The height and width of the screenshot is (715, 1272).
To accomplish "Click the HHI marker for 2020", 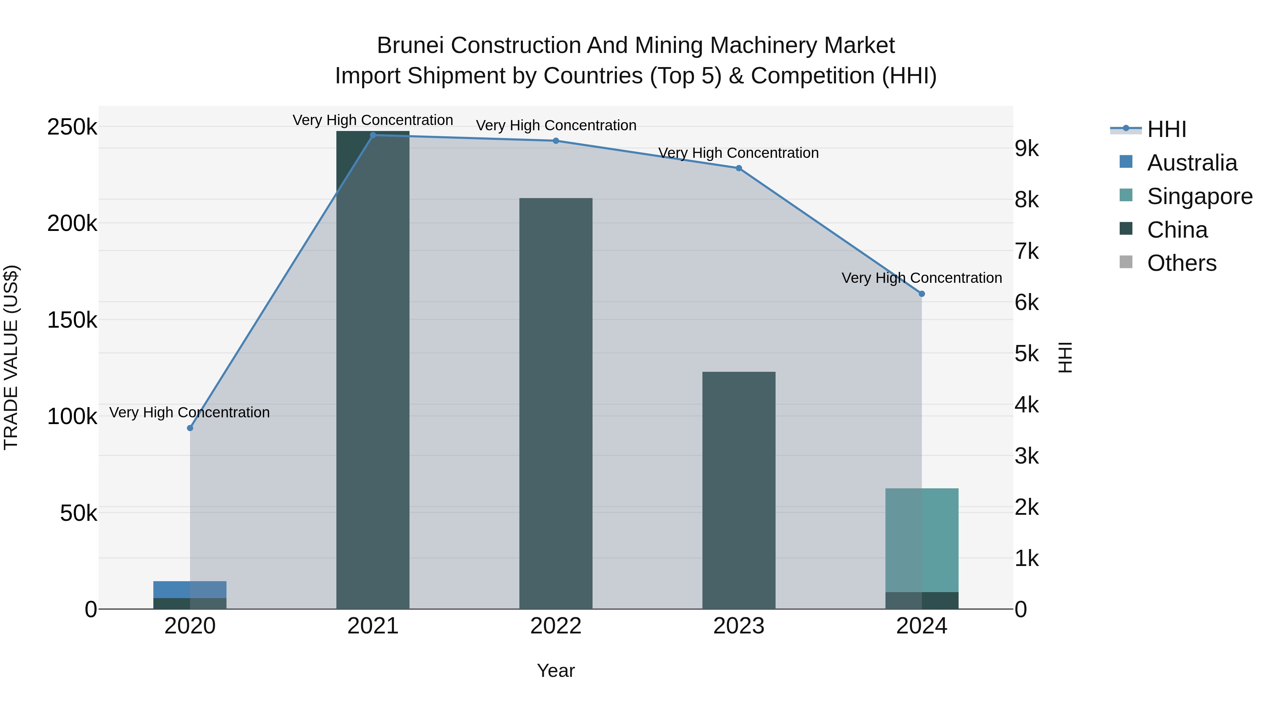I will click(190, 428).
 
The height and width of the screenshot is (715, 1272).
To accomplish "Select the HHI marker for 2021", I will click(373, 135).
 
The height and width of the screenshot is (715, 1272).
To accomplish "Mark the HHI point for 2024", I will click(921, 294).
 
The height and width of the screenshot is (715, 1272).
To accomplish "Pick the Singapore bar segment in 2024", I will click(921, 540).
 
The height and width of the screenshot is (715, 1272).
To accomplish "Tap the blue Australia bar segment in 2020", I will click(190, 589).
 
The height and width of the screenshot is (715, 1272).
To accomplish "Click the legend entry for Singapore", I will click(1200, 196).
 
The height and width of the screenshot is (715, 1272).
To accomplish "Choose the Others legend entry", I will click(1181, 263).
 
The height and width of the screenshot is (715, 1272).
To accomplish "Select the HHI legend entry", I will click(1166, 129).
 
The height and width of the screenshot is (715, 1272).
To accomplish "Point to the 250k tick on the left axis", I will click(72, 127).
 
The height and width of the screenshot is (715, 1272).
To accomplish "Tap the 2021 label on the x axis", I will click(373, 626).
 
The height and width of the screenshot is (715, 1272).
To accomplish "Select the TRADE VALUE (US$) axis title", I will click(11, 357).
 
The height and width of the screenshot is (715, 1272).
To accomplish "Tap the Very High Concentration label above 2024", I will click(921, 278).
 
